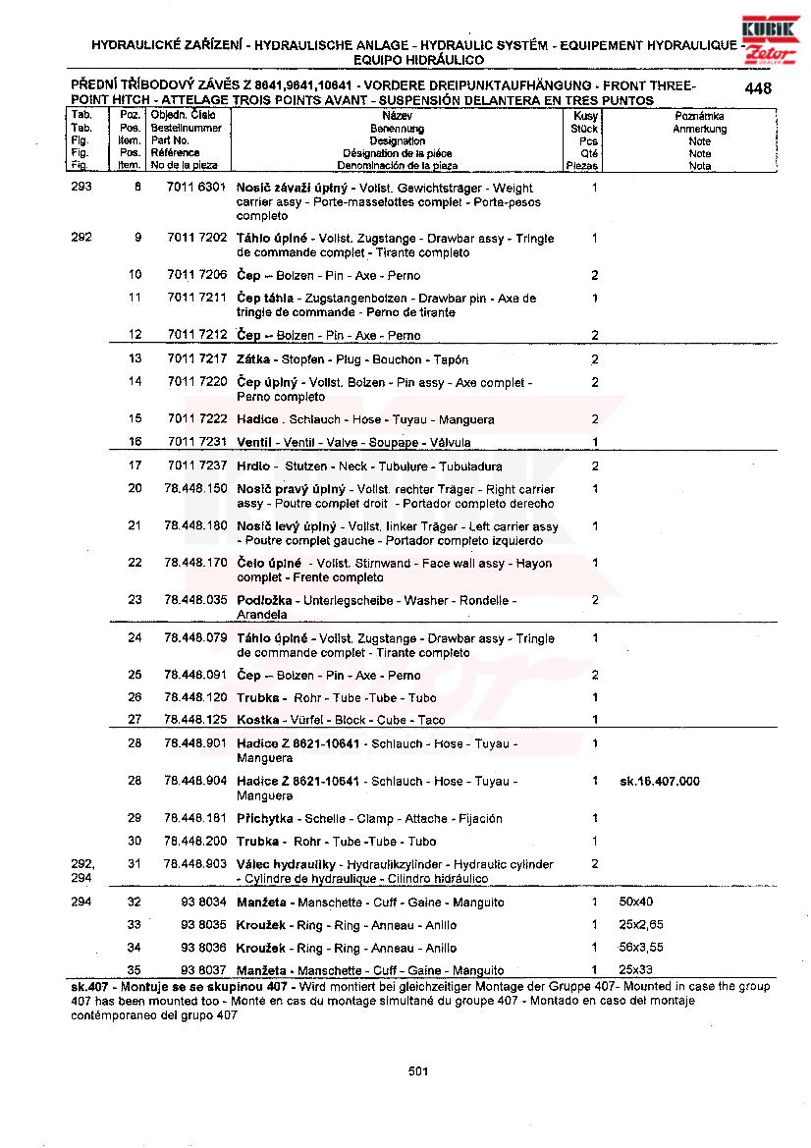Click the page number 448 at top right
pos(757,88)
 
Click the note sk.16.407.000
pos(660,781)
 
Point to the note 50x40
pos(636,902)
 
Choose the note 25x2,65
pos(641,925)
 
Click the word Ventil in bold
pos(254,443)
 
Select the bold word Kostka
pos(257,720)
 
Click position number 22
pos(135,563)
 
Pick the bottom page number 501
pos(418,1071)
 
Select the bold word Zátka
pos(253,359)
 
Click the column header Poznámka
pos(699,116)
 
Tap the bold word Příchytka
pos(268,818)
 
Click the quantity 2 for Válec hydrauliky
pos(595,863)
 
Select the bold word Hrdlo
pos(254,465)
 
